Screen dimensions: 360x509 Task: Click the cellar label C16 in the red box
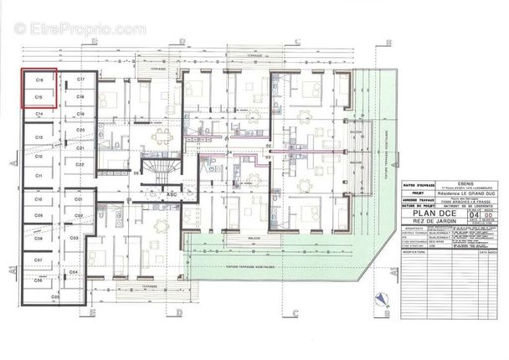pyautogui.click(x=39, y=79)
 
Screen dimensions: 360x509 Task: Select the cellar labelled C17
pyautogui.click(x=80, y=79)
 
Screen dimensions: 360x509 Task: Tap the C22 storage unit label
pyautogui.click(x=80, y=166)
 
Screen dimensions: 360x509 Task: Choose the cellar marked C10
pyautogui.click(x=39, y=200)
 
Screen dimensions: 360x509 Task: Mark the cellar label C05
pyautogui.click(x=56, y=297)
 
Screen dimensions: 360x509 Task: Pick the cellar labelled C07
pyautogui.click(x=39, y=260)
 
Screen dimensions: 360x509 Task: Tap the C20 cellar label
pyautogui.click(x=80, y=131)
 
